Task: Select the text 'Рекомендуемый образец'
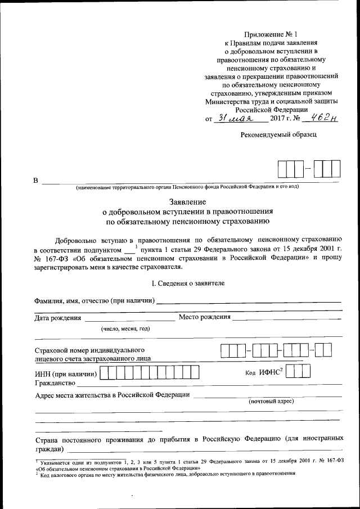278,134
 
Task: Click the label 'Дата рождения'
58,318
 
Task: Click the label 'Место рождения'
204,317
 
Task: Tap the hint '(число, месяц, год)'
125,328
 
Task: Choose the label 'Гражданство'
55,384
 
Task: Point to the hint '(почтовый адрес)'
271,402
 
